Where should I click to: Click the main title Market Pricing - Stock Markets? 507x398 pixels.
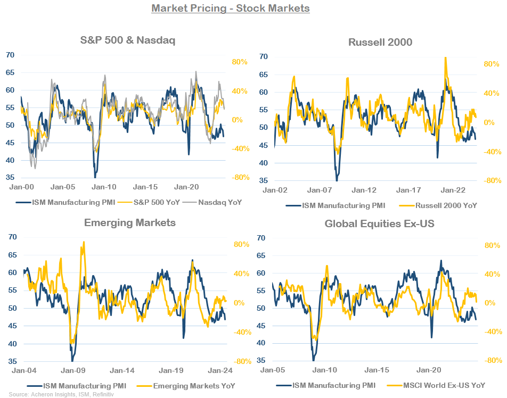click(230, 9)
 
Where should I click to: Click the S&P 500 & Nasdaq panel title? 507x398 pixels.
click(128, 40)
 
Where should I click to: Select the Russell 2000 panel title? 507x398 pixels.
click(380, 42)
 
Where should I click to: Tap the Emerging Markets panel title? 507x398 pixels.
click(129, 223)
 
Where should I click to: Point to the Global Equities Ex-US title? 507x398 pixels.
click(380, 223)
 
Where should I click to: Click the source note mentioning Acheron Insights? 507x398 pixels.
click(61, 394)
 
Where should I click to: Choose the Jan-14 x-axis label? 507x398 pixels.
click(122, 371)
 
